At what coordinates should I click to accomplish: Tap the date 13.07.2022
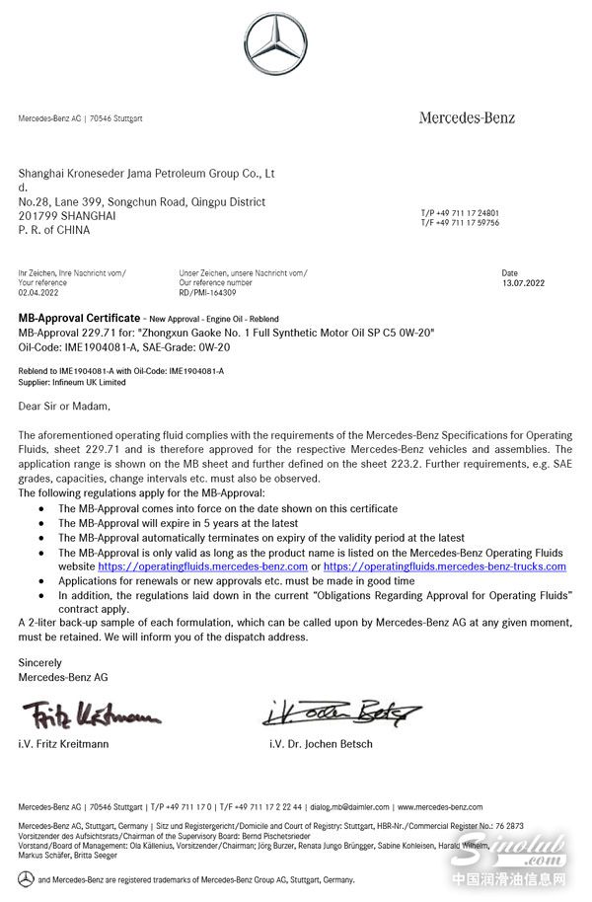pos(517,282)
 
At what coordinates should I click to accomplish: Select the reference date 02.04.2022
pos(38,292)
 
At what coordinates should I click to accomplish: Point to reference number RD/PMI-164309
pos(207,292)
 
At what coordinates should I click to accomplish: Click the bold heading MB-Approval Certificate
pos(79,319)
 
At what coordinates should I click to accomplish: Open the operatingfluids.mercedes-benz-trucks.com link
pos(444,567)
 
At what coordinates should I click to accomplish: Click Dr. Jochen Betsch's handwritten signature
pos(341,711)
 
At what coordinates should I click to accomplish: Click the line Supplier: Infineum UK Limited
pos(72,382)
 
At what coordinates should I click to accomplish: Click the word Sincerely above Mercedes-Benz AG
pos(40,663)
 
